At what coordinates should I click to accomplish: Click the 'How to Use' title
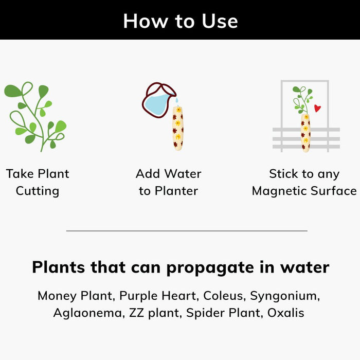click(181, 21)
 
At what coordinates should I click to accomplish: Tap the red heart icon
click(317, 108)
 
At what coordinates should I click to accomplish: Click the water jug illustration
click(158, 100)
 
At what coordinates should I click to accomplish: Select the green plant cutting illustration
click(35, 117)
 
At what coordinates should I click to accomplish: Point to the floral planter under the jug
click(178, 128)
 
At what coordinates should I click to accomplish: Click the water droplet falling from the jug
click(177, 100)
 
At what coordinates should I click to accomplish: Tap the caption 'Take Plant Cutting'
click(38, 182)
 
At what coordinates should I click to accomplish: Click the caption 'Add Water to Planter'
click(169, 182)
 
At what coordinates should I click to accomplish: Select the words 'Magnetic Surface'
click(304, 191)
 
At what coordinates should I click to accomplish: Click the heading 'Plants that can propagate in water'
click(181, 267)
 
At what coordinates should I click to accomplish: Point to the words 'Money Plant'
click(75, 296)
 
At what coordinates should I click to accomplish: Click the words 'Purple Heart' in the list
click(157, 296)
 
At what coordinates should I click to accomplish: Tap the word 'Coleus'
click(223, 296)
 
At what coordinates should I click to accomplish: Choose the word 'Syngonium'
click(283, 296)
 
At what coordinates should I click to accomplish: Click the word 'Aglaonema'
click(88, 313)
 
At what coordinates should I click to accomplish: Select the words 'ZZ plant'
click(154, 313)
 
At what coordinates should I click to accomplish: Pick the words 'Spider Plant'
click(223, 313)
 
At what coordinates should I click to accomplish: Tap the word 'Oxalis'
click(286, 313)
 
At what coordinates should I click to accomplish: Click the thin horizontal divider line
click(187, 231)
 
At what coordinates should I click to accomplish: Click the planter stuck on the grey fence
click(305, 133)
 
